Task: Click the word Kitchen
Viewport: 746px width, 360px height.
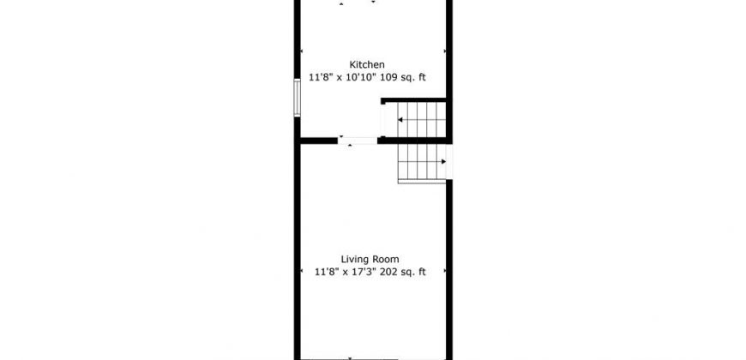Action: click(367, 64)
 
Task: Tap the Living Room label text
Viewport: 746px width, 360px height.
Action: click(370, 259)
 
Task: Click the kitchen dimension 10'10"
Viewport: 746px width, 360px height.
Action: click(362, 77)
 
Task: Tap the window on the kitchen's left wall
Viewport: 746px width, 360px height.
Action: click(297, 98)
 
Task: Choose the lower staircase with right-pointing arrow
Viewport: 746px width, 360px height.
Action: click(422, 163)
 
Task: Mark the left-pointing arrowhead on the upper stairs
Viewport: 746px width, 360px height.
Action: click(400, 120)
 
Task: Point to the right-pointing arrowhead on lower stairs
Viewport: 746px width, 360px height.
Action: click(443, 162)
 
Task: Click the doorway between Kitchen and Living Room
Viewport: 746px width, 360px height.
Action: click(358, 141)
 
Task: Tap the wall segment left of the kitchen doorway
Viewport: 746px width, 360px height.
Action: click(318, 141)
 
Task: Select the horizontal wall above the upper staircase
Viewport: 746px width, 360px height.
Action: click(413, 100)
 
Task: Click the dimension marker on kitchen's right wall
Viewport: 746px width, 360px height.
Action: click(445, 51)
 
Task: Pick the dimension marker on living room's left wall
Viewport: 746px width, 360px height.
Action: click(302, 271)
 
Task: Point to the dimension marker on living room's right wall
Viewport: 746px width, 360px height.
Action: click(445, 271)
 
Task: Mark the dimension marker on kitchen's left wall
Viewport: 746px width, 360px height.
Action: click(302, 51)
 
